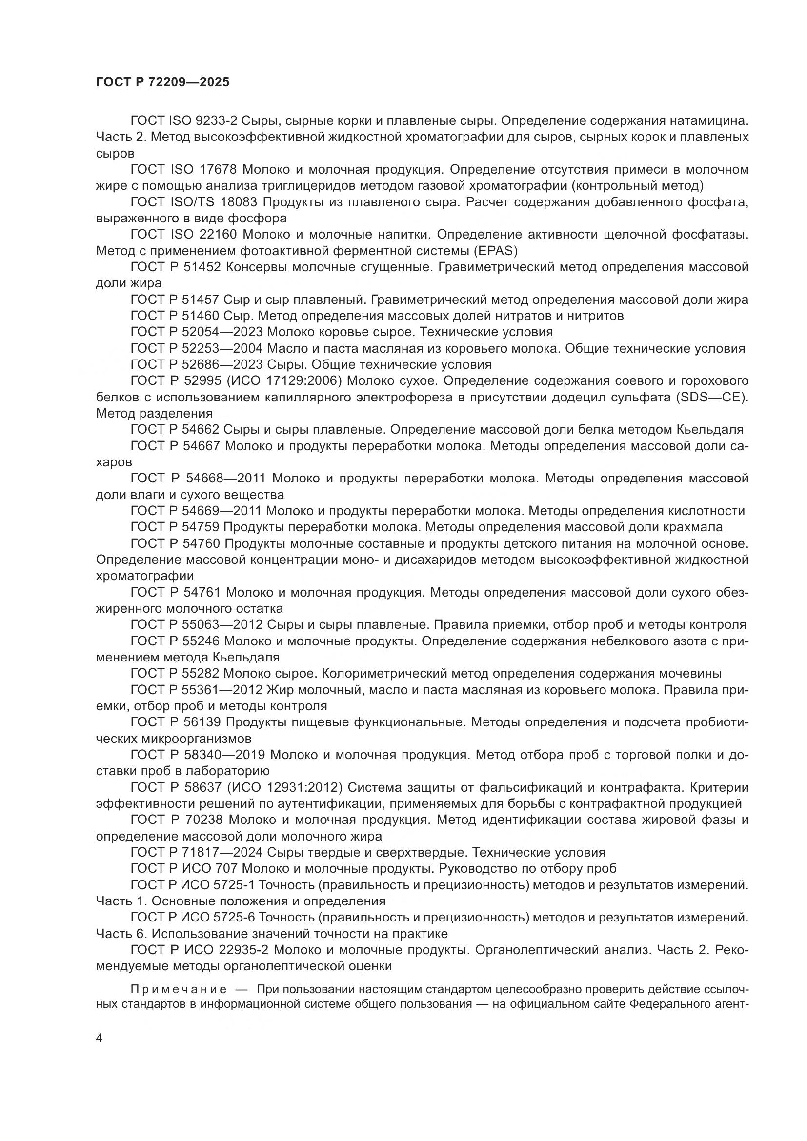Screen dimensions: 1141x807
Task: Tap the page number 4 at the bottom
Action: (x=100, y=1038)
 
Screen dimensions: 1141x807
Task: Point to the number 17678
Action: (x=221, y=170)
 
